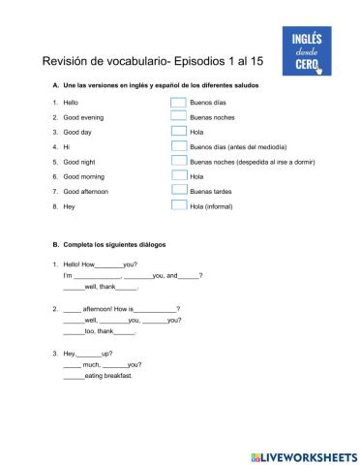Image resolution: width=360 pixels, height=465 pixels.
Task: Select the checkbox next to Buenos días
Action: tap(178, 102)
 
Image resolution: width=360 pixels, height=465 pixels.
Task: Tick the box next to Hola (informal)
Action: tap(178, 206)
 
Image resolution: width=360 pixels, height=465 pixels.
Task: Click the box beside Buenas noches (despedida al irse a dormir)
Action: tap(178, 162)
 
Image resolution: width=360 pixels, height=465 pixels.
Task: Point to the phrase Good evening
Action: tap(83, 116)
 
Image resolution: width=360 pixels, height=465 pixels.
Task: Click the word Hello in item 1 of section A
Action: tap(71, 102)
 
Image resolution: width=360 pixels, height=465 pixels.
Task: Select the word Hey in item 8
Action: tap(69, 206)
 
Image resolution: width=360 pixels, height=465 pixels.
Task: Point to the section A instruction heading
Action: tap(155, 84)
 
